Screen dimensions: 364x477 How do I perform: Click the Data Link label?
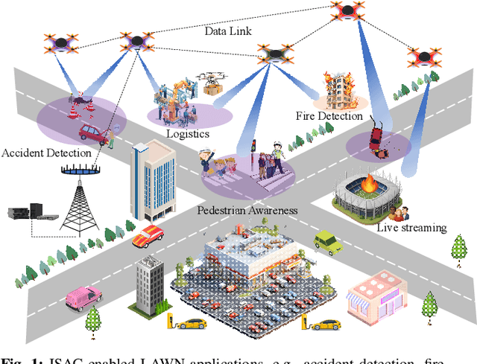(229, 32)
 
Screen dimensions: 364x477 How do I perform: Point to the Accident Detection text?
(46, 153)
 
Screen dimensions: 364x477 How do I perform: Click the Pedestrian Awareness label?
(247, 210)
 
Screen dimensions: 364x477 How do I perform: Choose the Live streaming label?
(411, 227)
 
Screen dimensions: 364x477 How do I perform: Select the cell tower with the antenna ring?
(79, 198)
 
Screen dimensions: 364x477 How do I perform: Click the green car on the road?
(327, 240)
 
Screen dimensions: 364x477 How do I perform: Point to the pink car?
(82, 297)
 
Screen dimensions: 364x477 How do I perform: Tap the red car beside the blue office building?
(148, 235)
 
